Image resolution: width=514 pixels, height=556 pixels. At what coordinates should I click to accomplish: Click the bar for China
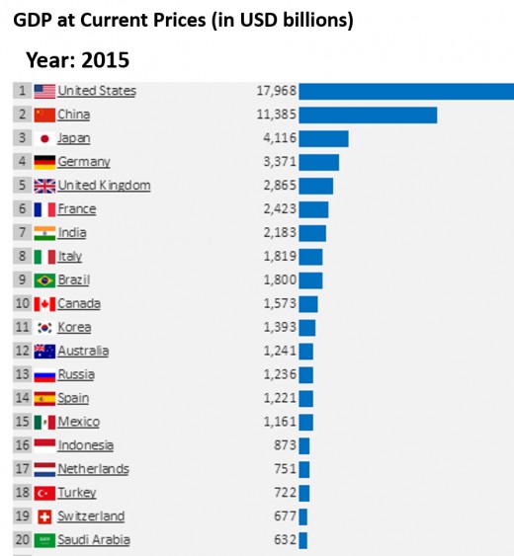[368, 115]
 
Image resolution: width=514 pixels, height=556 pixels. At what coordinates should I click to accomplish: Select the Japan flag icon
[44, 138]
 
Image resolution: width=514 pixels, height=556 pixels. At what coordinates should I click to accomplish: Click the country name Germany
[84, 162]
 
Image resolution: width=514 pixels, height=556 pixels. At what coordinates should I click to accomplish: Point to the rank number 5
[21, 186]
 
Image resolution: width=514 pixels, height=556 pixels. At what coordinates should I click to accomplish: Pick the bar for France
[313, 209]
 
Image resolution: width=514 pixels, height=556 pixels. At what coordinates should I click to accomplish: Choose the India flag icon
[44, 233]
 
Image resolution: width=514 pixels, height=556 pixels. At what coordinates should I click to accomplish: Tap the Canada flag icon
[44, 303]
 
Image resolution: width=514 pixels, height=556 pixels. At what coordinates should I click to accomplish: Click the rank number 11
[22, 327]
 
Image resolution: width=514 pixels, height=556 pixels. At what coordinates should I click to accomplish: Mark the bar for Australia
[306, 351]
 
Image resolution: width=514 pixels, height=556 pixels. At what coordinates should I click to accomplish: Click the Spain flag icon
[44, 398]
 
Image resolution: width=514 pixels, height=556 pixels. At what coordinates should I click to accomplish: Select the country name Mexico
[79, 422]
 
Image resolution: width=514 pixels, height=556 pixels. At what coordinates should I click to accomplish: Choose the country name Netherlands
[93, 469]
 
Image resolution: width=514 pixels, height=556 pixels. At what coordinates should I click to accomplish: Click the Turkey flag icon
[44, 493]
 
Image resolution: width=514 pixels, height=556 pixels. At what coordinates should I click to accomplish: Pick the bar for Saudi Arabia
[302, 540]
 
